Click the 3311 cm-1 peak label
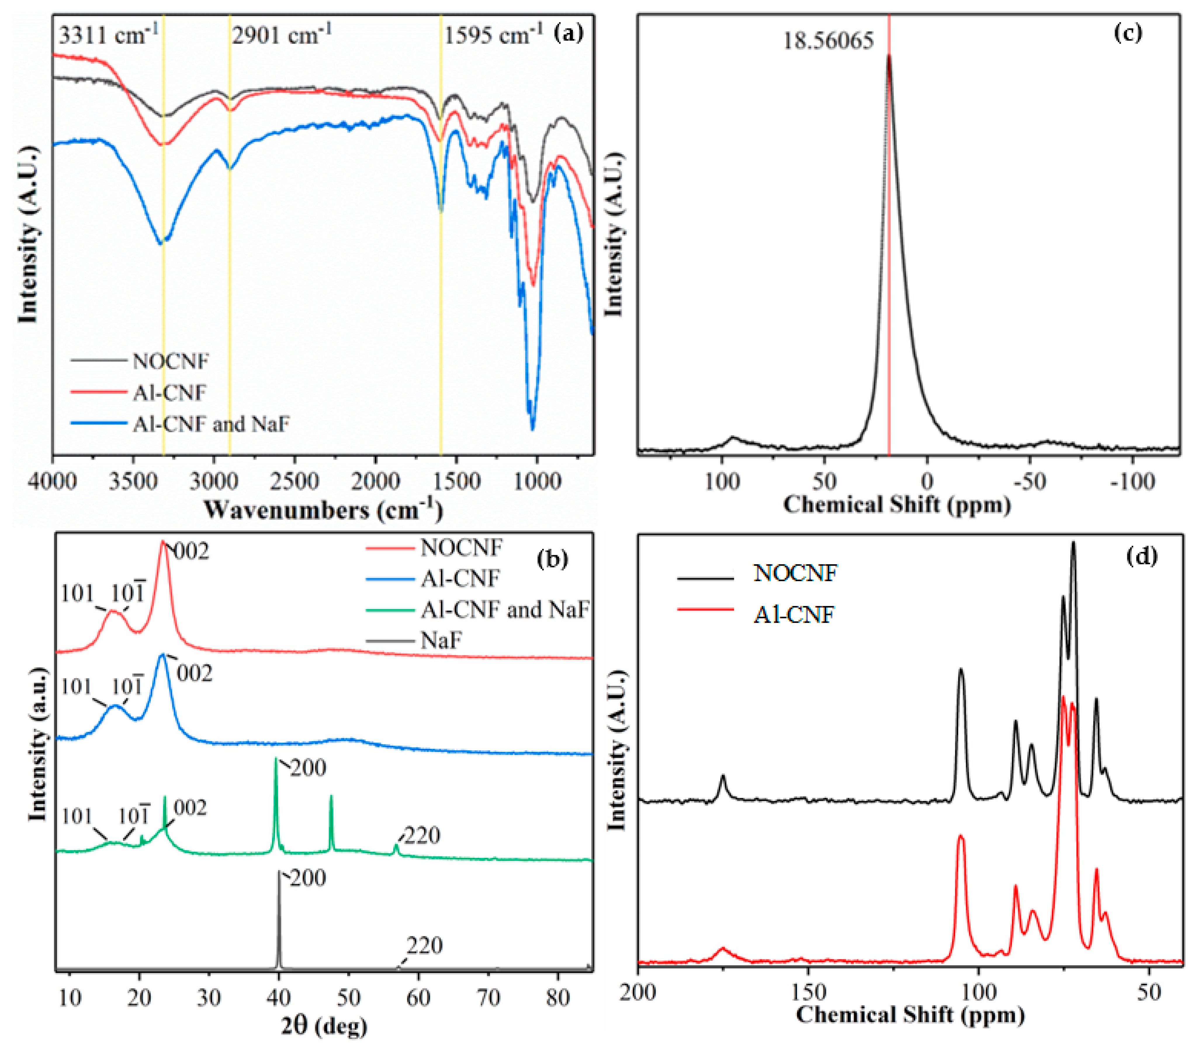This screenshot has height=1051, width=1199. [108, 35]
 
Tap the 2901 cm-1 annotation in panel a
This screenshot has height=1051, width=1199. [281, 35]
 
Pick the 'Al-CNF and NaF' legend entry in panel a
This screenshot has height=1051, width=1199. [211, 423]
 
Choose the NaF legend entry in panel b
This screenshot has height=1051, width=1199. [441, 640]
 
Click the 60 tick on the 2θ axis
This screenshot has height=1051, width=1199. [418, 997]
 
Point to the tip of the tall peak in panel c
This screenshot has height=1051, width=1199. [889, 56]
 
